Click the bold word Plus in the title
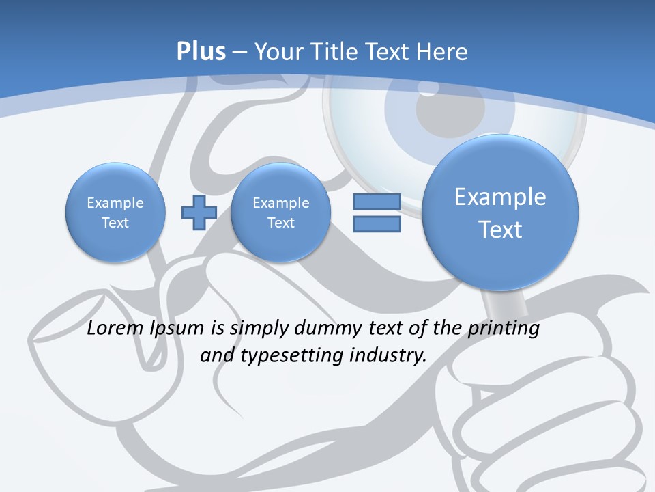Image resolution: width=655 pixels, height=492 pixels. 201,52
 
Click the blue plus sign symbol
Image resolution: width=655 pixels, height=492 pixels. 199,213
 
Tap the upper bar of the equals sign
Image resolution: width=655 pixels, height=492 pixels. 377,202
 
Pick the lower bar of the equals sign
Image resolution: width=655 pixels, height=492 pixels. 377,224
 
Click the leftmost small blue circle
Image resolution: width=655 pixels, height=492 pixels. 115,212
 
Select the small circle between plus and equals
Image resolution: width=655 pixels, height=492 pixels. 280,212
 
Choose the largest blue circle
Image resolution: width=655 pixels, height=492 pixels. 500,213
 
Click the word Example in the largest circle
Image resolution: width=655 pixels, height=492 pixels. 500,197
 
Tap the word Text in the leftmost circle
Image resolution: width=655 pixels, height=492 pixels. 115,223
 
